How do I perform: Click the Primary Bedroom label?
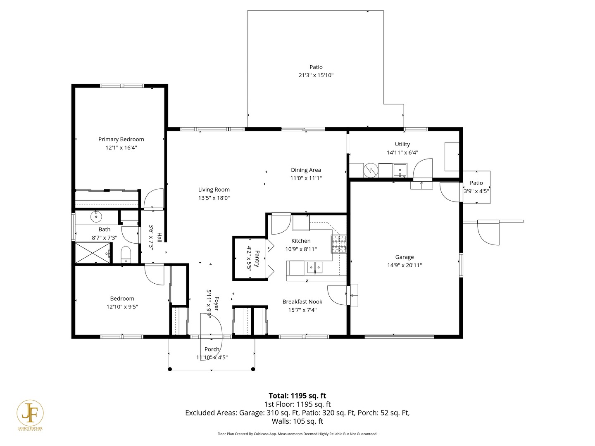121,139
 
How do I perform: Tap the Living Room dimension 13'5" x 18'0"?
214,198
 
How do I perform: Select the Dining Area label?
306,170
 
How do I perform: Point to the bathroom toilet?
126,254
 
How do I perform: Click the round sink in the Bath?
96,216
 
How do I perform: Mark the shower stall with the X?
93,253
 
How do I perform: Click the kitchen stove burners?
338,244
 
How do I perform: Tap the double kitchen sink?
315,268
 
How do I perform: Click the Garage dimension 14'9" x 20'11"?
405,265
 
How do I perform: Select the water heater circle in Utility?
371,170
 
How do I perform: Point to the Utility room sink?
400,170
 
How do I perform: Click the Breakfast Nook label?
302,301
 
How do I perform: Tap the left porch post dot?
170,369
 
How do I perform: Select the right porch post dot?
253,369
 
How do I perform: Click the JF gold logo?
30,413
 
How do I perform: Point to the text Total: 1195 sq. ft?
297,396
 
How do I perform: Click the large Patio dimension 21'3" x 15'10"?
316,75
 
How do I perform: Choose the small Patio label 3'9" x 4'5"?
476,187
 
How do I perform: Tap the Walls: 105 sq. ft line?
297,421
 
